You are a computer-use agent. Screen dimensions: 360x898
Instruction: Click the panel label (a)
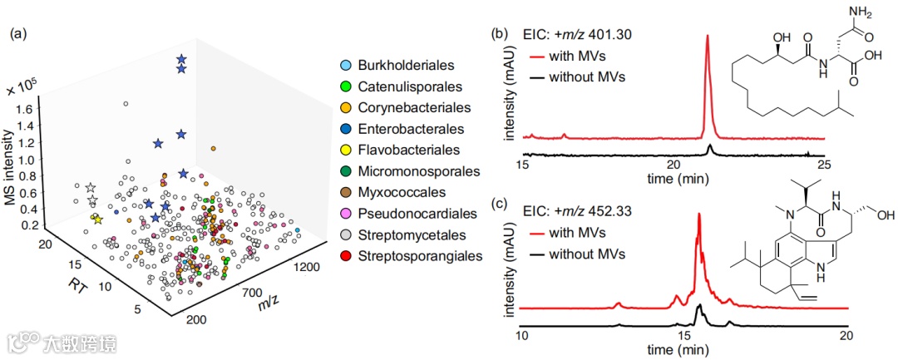point(19,34)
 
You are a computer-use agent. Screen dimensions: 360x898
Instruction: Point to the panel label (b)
point(501,34)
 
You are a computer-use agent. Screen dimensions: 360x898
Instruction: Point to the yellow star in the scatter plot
point(96,219)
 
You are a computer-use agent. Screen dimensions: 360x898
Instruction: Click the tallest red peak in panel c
point(698,215)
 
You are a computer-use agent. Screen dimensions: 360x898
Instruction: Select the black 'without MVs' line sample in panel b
point(535,77)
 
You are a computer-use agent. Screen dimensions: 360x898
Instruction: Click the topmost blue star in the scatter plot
point(181,59)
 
